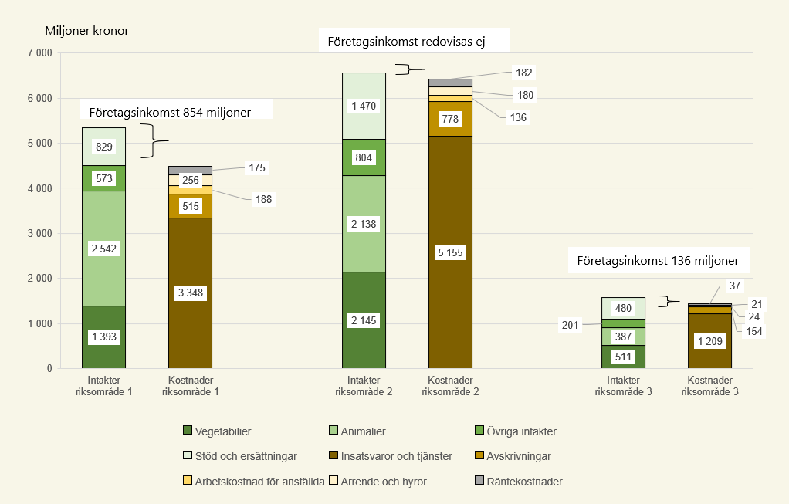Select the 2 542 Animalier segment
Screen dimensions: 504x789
tap(103, 249)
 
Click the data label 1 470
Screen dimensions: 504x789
tap(364, 106)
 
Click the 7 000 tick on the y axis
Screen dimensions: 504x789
tap(39, 53)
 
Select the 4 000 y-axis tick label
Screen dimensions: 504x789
tap(39, 188)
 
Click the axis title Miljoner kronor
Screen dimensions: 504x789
tap(87, 31)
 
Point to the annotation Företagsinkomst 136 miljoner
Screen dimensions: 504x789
tap(658, 260)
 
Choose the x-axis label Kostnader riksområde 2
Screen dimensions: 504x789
tap(450, 386)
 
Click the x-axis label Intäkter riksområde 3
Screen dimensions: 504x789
tap(623, 386)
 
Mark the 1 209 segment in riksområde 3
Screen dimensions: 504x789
tap(709, 340)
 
